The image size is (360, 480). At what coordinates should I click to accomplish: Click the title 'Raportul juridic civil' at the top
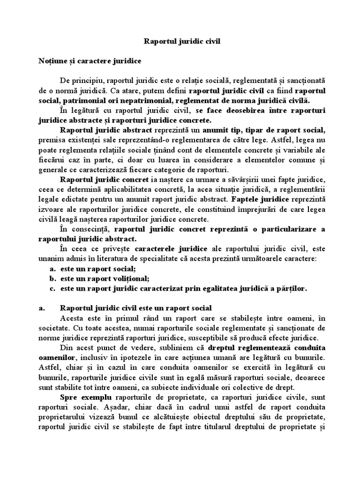pyautogui.click(x=180, y=41)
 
